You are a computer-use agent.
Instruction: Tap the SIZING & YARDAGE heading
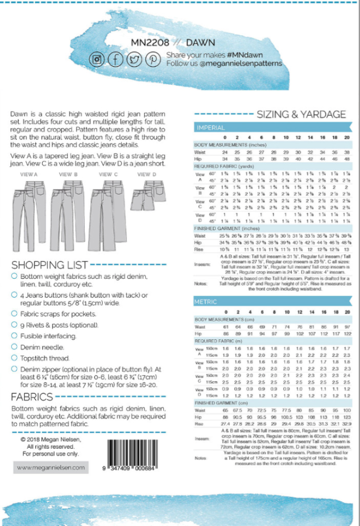301,114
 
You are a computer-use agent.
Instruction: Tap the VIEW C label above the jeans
108,174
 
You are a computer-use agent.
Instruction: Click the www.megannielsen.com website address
51,467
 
